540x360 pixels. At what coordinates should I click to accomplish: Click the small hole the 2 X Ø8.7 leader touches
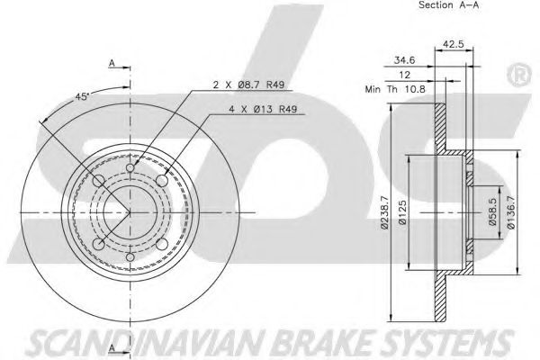click(130, 168)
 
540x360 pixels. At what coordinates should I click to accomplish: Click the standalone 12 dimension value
click(407, 76)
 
